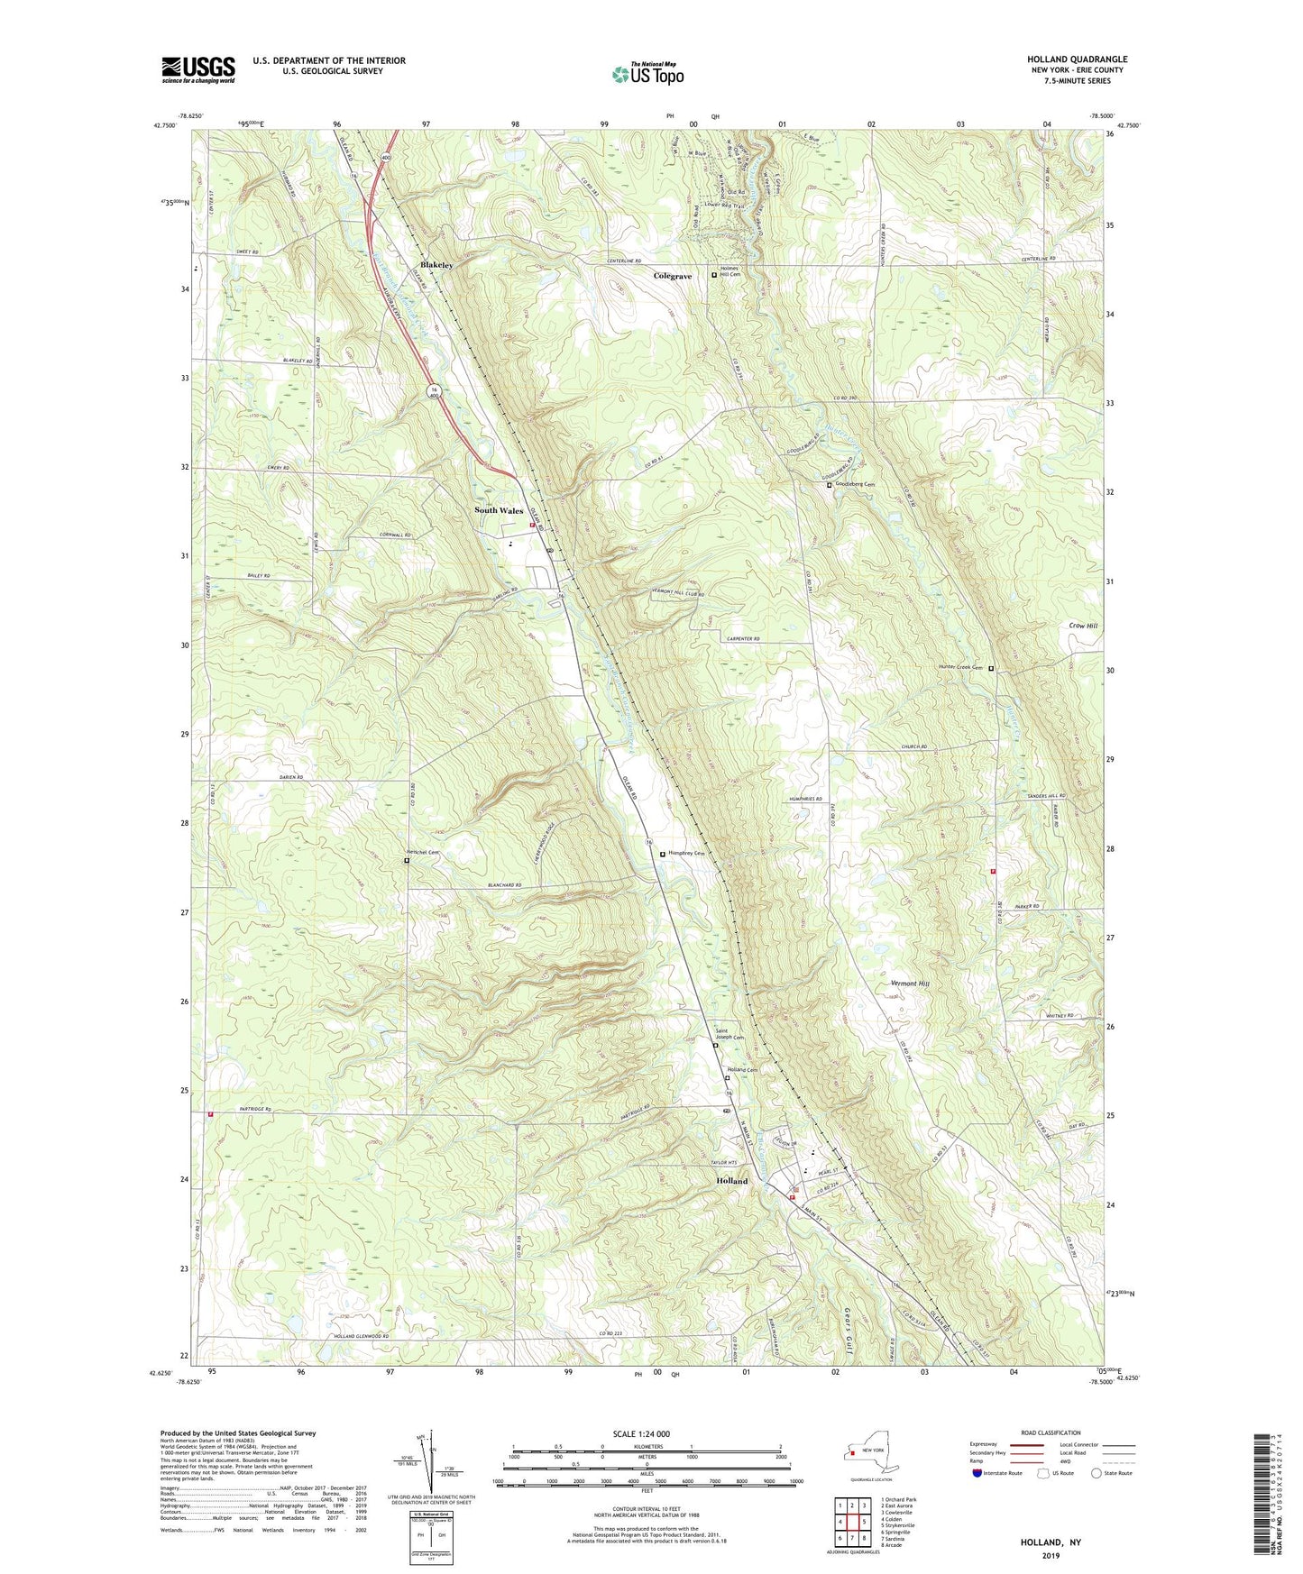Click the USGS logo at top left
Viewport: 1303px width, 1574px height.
(x=198, y=69)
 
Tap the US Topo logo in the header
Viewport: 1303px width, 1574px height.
(x=647, y=74)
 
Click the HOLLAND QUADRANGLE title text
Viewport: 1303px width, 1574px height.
(x=1077, y=59)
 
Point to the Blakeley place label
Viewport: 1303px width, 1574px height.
(x=436, y=266)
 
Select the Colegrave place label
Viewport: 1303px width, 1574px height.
(x=673, y=277)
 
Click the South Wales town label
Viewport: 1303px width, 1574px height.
(x=499, y=510)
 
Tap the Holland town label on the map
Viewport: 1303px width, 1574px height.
(x=731, y=1181)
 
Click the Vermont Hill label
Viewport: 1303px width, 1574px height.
(x=909, y=984)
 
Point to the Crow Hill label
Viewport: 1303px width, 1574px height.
(x=1083, y=626)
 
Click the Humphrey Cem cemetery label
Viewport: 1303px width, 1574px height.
(x=686, y=854)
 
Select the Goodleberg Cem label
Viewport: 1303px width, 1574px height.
(x=856, y=484)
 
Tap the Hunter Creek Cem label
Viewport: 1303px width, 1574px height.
(x=960, y=668)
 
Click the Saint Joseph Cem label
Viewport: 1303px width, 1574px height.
(x=730, y=1035)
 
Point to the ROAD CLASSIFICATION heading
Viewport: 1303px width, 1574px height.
(x=1051, y=1432)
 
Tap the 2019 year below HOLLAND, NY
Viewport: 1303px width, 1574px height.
(x=1051, y=1555)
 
